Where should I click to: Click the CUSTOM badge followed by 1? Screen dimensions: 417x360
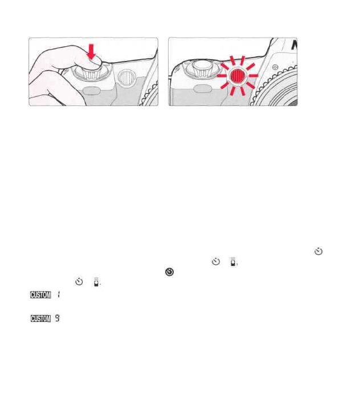pos(41,295)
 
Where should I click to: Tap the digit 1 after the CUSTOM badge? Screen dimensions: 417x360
pos(59,295)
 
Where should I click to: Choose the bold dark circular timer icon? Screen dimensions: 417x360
pos(169,273)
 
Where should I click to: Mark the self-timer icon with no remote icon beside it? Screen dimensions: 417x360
pos(318,251)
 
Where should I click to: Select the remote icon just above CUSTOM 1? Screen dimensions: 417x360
pos(96,282)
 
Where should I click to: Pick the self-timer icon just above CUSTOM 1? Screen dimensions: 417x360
pos(79,282)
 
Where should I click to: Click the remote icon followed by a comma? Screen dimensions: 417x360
pos(232,262)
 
